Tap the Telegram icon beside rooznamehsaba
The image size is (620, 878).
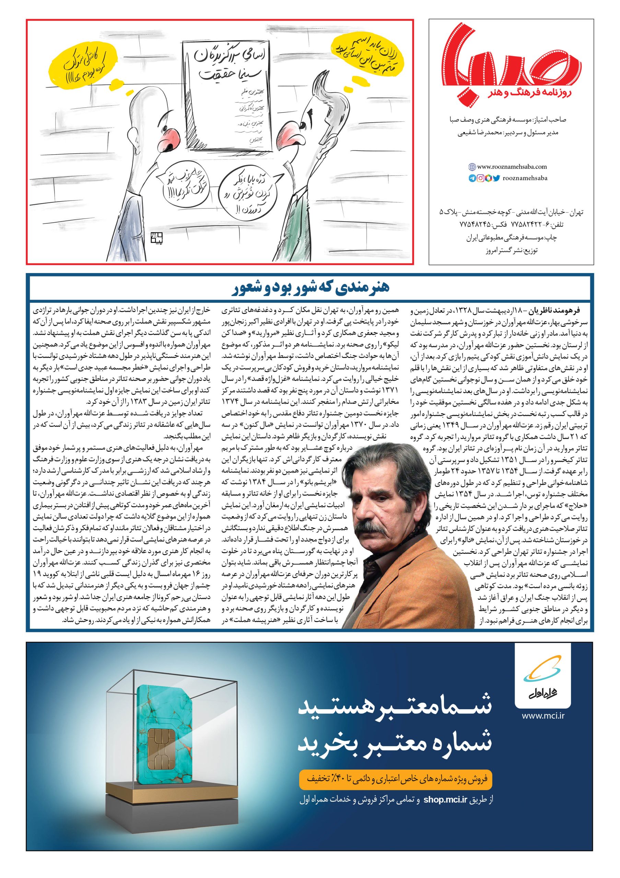tap(471, 178)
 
